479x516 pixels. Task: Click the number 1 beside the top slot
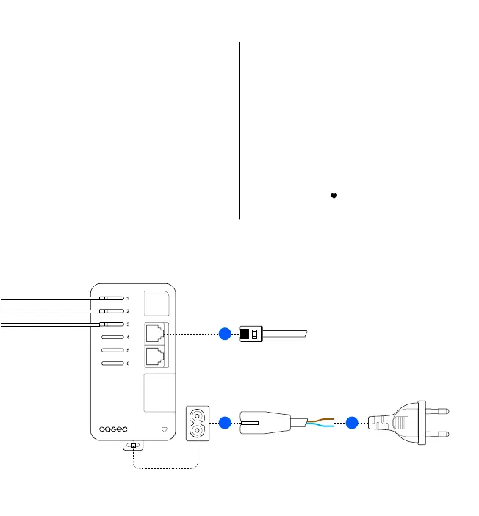(x=128, y=299)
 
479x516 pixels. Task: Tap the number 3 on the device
(x=128, y=324)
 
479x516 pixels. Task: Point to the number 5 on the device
(x=128, y=350)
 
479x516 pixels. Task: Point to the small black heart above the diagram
(x=334, y=196)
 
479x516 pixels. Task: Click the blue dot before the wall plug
(x=353, y=422)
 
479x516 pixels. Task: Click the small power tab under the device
(x=133, y=446)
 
